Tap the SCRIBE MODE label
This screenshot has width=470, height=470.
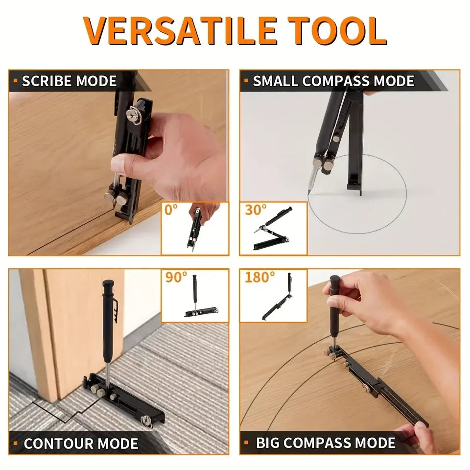pyautogui.click(x=69, y=81)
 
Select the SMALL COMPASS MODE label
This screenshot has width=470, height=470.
pyautogui.click(x=333, y=81)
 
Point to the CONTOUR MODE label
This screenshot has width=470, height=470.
pyautogui.click(x=81, y=444)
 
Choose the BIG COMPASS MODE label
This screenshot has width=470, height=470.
pyautogui.click(x=326, y=443)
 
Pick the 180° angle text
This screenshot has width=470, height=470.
pyautogui.click(x=260, y=277)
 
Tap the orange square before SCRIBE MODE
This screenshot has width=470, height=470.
pyautogui.click(x=16, y=81)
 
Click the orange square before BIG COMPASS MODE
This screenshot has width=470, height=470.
pyautogui.click(x=248, y=443)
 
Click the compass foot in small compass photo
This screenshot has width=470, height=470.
pyautogui.click(x=355, y=188)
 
